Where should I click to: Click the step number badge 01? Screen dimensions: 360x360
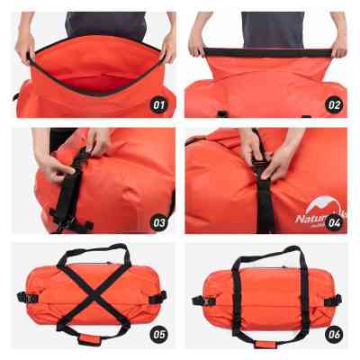tap(158, 105)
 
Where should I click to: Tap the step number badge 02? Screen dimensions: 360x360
tap(333, 105)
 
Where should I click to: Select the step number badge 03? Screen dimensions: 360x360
tap(158, 220)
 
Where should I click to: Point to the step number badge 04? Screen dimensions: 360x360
tap(333, 220)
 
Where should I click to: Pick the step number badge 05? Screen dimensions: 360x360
tap(158, 334)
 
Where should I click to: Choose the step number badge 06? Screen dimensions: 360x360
tap(333, 334)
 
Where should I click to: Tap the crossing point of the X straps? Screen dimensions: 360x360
tap(90, 292)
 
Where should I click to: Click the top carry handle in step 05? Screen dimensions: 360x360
tap(90, 257)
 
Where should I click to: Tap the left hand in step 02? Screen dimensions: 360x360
tap(199, 46)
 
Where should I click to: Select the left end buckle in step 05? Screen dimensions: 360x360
tap(20, 296)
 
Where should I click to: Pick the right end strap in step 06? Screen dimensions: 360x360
tap(332, 300)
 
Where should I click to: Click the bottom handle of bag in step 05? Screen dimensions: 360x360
tap(90, 339)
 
